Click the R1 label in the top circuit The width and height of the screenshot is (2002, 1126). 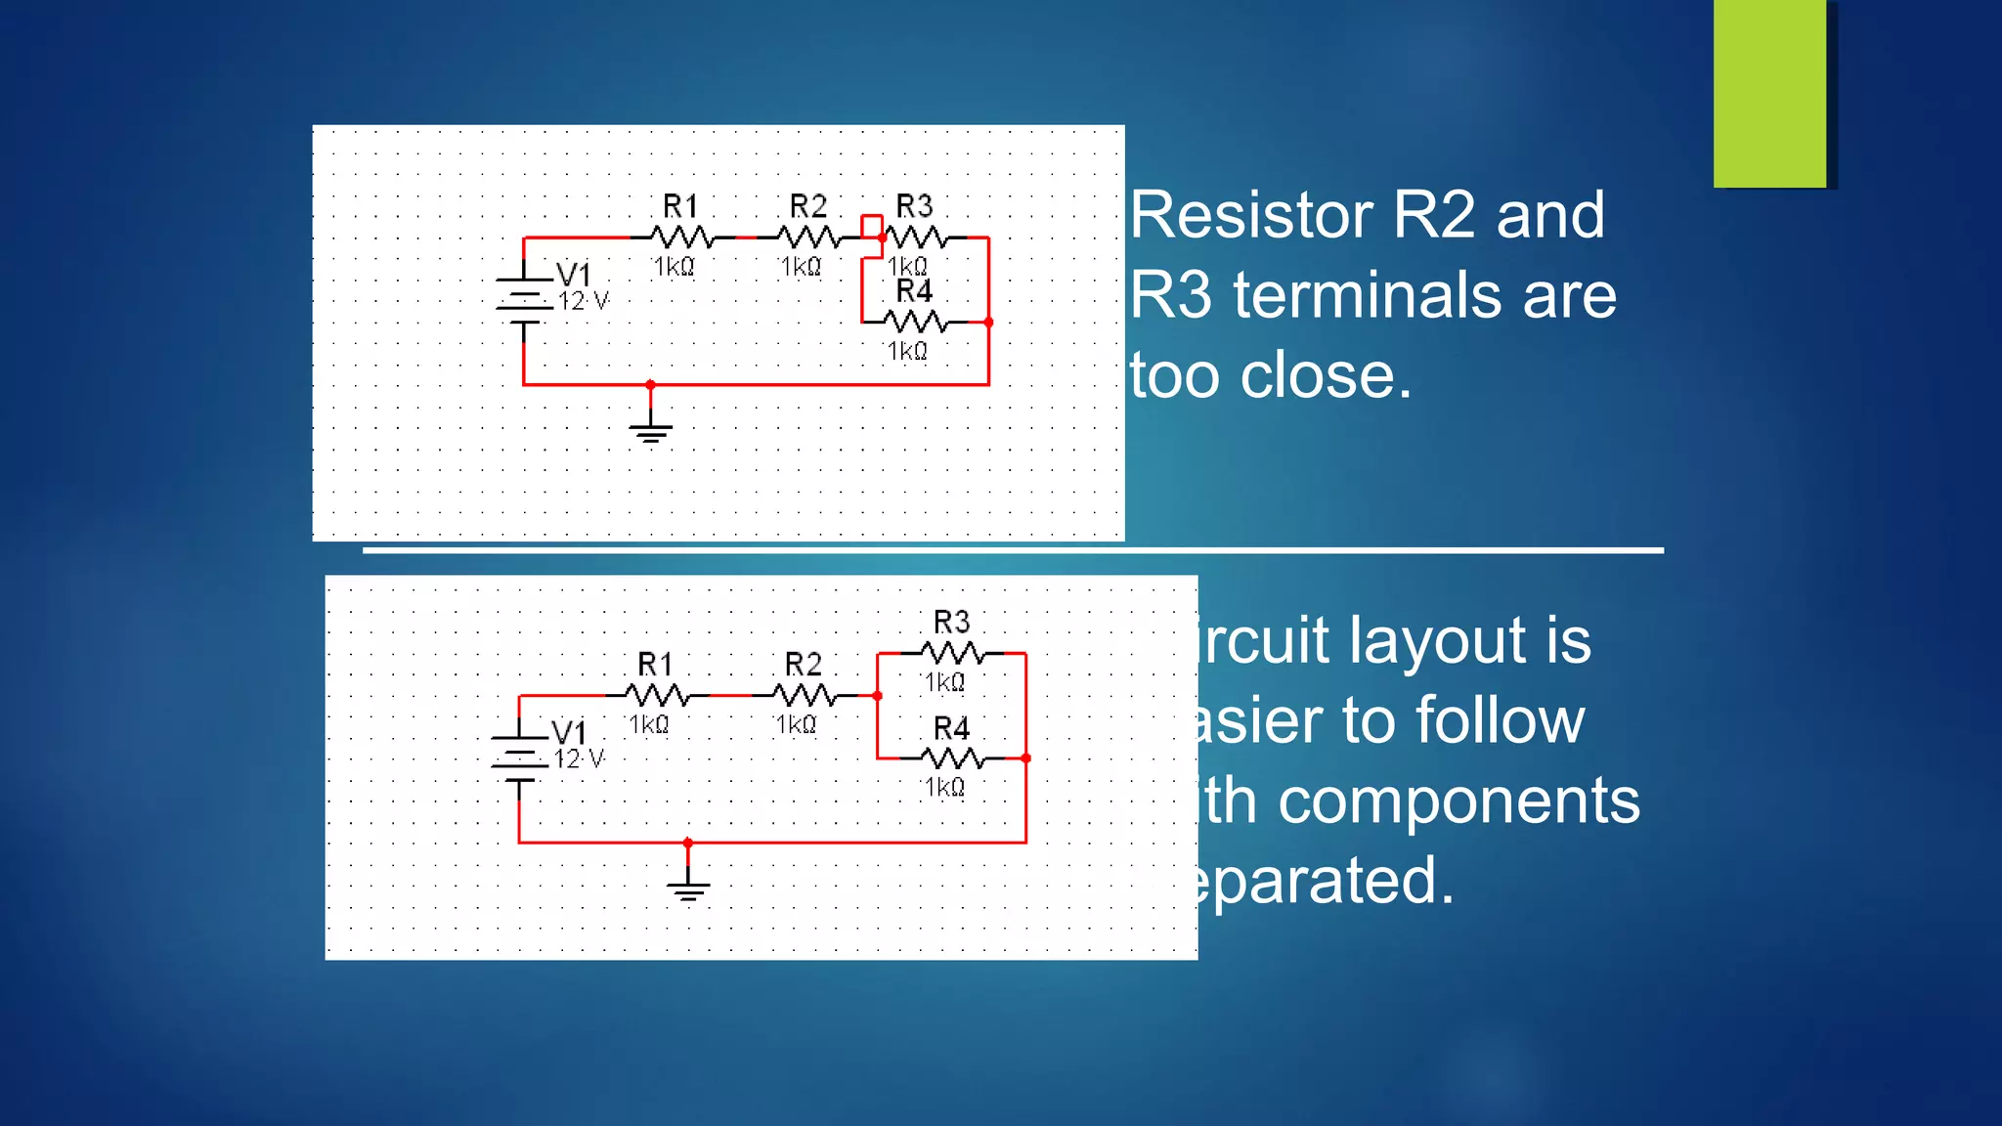(x=680, y=206)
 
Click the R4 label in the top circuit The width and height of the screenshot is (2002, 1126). (x=914, y=291)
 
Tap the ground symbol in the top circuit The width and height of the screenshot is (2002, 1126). (x=651, y=430)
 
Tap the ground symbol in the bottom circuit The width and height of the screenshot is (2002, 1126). (x=688, y=888)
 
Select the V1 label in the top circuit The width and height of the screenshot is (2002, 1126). (x=574, y=274)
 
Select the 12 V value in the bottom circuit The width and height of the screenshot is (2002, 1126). (x=579, y=758)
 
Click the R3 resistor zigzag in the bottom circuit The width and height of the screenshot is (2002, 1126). (x=952, y=653)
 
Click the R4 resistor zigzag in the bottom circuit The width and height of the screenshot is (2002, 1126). (x=952, y=758)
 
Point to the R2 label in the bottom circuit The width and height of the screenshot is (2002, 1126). (x=803, y=665)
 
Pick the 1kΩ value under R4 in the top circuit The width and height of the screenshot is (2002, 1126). (x=907, y=351)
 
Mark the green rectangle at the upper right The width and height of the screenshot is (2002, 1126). (x=1769, y=93)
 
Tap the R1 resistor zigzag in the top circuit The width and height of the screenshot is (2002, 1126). (x=681, y=238)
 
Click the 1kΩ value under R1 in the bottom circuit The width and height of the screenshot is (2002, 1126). (x=649, y=724)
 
